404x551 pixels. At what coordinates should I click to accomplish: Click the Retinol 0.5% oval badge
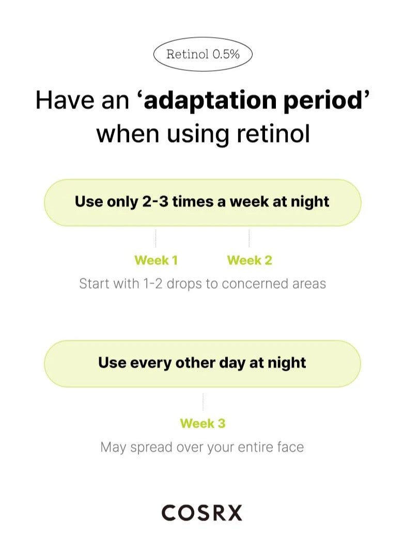pyautogui.click(x=203, y=54)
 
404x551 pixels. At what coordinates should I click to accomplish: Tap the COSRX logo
pyautogui.click(x=202, y=513)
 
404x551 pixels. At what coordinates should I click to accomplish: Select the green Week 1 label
pyautogui.click(x=156, y=260)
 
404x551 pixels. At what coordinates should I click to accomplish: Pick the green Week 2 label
pyautogui.click(x=250, y=260)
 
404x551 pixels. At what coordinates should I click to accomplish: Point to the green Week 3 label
pyautogui.click(x=203, y=423)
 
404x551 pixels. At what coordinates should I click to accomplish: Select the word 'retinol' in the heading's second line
pyautogui.click(x=274, y=134)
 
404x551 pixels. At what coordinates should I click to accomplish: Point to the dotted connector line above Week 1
pyautogui.click(x=155, y=239)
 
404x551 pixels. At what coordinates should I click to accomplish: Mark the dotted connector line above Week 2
pyautogui.click(x=249, y=239)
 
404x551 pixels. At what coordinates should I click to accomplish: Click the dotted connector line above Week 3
pyautogui.click(x=203, y=402)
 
